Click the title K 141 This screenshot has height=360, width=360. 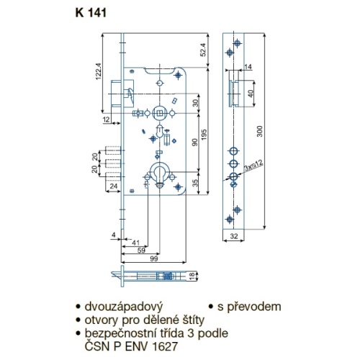coord(91,13)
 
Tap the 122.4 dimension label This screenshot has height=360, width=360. coord(99,71)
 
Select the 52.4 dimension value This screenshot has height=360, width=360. coord(203,50)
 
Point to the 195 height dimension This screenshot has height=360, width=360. coord(204,135)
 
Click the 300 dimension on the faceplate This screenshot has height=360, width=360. coord(260,131)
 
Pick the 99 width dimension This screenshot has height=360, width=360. coord(153,258)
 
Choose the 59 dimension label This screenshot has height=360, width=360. coord(141,251)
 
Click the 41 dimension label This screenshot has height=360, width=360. coord(135,243)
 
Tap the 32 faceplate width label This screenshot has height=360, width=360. coord(234,236)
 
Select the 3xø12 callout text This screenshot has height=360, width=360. coord(253,165)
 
